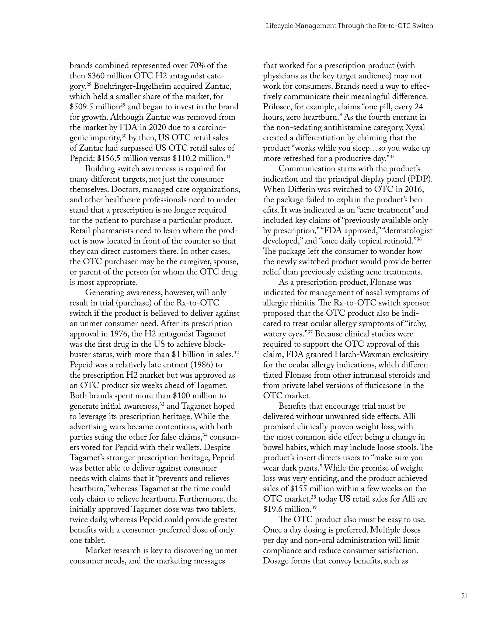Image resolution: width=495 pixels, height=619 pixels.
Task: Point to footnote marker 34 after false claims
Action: click(x=205, y=435)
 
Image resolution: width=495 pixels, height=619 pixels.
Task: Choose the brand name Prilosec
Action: click(x=277, y=107)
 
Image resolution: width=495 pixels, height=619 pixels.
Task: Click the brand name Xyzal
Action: click(x=415, y=128)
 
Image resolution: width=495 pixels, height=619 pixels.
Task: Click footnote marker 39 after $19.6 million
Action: click(x=314, y=507)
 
